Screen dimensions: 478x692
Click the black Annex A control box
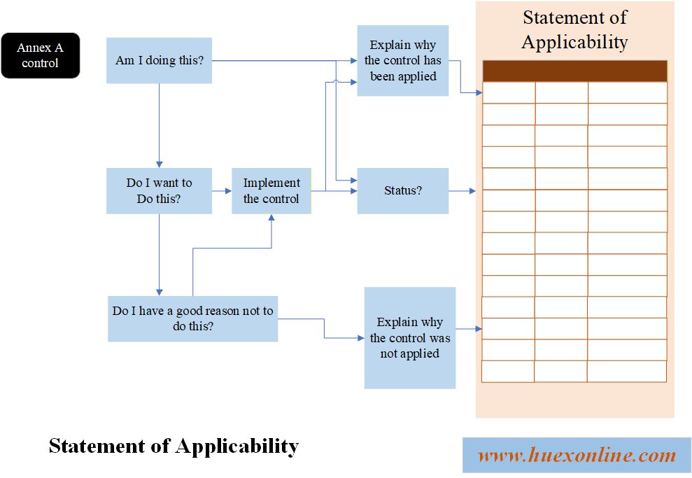pyautogui.click(x=41, y=55)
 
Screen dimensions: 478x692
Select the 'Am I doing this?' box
pyautogui.click(x=159, y=61)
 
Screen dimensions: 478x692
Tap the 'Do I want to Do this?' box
pyautogui.click(x=159, y=190)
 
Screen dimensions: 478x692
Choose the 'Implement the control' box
pyautogui.click(x=271, y=190)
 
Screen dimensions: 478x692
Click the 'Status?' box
pyautogui.click(x=403, y=190)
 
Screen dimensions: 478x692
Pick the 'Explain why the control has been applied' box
pyautogui.click(x=403, y=61)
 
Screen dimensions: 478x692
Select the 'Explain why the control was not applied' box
pyautogui.click(x=410, y=338)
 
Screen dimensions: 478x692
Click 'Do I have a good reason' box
pyautogui.click(x=192, y=318)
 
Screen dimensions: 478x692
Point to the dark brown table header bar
pyautogui.click(x=574, y=71)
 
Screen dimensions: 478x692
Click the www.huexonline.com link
pyautogui.click(x=577, y=456)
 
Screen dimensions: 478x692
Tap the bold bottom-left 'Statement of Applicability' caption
pyautogui.click(x=174, y=446)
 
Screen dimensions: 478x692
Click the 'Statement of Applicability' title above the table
pyautogui.click(x=574, y=29)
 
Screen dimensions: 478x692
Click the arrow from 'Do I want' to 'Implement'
pyautogui.click(x=222, y=190)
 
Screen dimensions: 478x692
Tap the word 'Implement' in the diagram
pyautogui.click(x=271, y=183)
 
